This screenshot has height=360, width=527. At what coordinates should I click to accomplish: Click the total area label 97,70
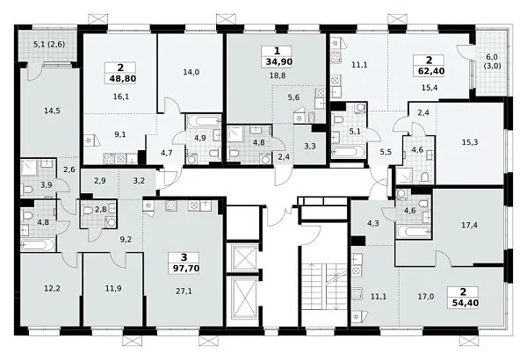(185, 268)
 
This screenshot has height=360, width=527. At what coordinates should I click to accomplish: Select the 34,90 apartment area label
(278, 61)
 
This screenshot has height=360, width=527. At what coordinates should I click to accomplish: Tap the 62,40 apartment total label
(430, 71)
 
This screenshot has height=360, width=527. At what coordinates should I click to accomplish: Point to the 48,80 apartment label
(121, 79)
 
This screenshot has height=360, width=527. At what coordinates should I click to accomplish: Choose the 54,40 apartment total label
(464, 303)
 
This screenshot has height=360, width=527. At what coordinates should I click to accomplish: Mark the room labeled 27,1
(184, 292)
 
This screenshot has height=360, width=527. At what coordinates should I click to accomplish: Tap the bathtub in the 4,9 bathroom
(203, 121)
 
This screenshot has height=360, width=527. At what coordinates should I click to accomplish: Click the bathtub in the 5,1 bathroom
(348, 152)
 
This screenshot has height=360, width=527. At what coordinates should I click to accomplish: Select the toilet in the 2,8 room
(89, 211)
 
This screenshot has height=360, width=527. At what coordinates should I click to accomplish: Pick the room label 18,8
(278, 76)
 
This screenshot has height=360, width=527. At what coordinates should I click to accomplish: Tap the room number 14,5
(52, 111)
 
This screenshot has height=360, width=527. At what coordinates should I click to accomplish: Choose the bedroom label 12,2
(53, 288)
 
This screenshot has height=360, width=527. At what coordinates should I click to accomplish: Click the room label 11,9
(113, 288)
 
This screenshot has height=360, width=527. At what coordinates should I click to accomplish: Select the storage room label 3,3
(309, 146)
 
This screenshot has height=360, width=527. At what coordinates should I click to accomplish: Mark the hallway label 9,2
(126, 240)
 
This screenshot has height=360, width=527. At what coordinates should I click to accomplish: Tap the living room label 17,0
(426, 297)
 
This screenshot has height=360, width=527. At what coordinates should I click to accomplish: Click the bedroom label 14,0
(191, 72)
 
